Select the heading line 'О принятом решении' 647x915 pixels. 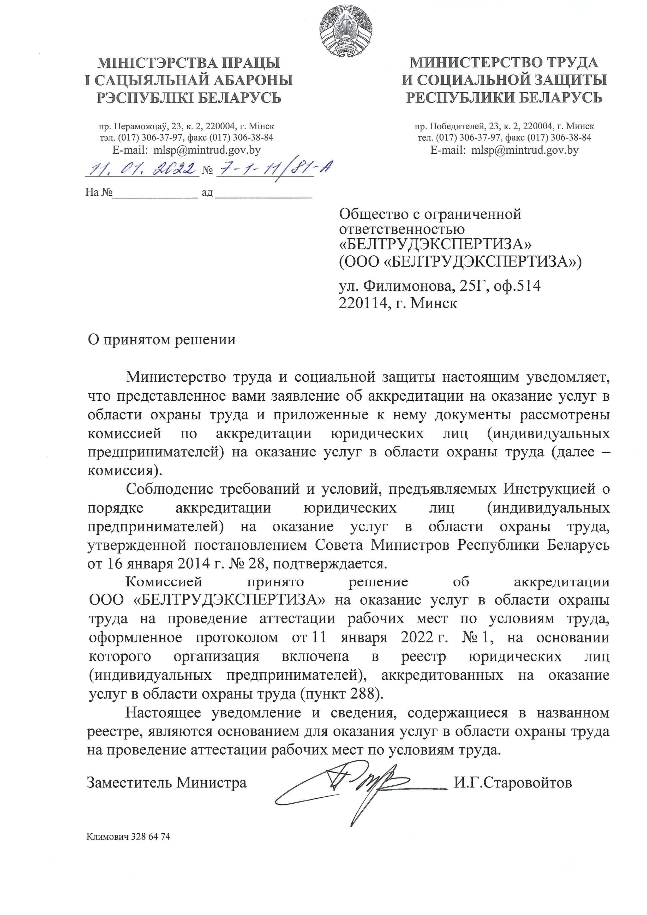pyautogui.click(x=161, y=340)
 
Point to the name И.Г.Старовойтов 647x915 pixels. pyautogui.click(x=513, y=783)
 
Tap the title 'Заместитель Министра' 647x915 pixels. pyautogui.click(x=167, y=783)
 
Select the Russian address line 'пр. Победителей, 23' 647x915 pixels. pyautogui.click(x=504, y=126)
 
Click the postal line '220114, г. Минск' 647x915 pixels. pyautogui.click(x=397, y=303)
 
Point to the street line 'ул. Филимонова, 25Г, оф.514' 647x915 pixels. pyautogui.click(x=439, y=286)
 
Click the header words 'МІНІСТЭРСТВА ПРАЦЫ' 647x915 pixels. pyautogui.click(x=189, y=63)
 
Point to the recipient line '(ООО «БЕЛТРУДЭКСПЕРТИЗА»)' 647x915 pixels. pyautogui.click(x=460, y=261)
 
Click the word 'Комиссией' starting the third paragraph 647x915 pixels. pyautogui.click(x=164, y=582)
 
